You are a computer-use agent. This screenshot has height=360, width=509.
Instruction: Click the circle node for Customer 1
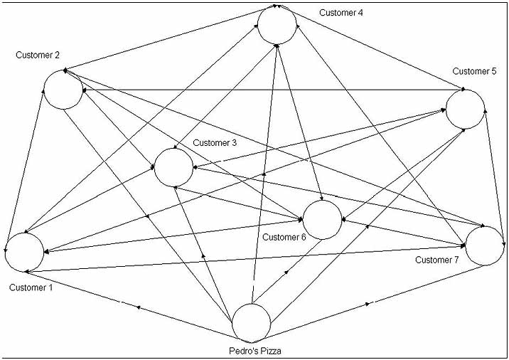pyautogui.click(x=24, y=252)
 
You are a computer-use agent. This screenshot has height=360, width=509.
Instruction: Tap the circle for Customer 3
pyautogui.click(x=173, y=168)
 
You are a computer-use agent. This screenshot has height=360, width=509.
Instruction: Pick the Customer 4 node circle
pyautogui.click(x=277, y=26)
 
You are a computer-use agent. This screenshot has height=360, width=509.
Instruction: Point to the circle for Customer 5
pyautogui.click(x=466, y=110)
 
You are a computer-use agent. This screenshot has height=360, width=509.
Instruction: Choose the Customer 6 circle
pyautogui.click(x=323, y=219)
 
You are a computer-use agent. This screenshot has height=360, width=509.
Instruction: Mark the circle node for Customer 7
pyautogui.click(x=485, y=246)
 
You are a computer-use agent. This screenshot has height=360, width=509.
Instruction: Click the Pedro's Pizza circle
pyautogui.click(x=252, y=322)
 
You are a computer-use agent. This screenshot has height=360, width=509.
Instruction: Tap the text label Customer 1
pyautogui.click(x=31, y=287)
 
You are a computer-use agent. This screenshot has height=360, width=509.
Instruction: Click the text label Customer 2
pyautogui.click(x=37, y=55)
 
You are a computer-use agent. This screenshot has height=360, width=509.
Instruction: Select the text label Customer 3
pyautogui.click(x=215, y=143)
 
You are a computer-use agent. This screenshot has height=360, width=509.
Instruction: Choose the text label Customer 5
pyautogui.click(x=474, y=71)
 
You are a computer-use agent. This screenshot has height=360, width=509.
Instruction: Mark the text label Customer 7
pyautogui.click(x=437, y=260)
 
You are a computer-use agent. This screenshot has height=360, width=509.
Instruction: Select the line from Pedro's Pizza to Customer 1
pyautogui.click(x=135, y=307)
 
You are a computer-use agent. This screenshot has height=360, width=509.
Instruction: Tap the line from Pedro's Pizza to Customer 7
pyautogui.click(x=370, y=303)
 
